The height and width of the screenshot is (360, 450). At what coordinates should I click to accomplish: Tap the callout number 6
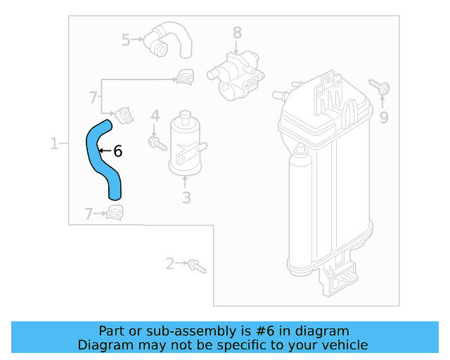[117, 151]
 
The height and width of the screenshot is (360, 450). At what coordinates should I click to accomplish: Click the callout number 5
[126, 40]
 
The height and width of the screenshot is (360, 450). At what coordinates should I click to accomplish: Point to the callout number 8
[237, 32]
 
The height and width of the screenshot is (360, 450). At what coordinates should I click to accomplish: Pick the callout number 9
[383, 117]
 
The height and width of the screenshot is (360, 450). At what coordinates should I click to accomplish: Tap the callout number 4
[155, 115]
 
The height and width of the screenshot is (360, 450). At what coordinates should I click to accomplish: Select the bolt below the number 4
[155, 143]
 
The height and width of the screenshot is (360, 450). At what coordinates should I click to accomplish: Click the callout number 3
[186, 198]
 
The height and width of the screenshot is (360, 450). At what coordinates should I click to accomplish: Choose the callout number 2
[169, 264]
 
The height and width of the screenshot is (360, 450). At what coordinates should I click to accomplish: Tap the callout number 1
[54, 144]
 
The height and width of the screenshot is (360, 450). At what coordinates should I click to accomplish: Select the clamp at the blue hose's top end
[124, 112]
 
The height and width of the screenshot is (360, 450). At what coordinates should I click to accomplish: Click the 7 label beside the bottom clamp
[89, 214]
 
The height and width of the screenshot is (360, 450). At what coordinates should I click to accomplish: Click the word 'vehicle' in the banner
[344, 345]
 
